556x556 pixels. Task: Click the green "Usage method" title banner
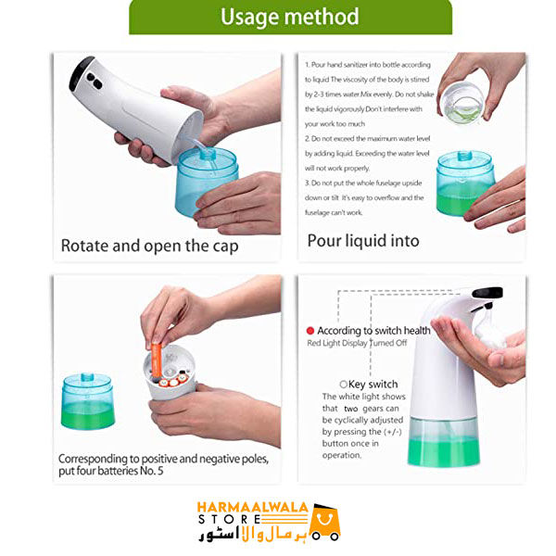pyautogui.click(x=290, y=17)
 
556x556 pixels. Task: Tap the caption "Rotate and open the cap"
pyautogui.click(x=149, y=246)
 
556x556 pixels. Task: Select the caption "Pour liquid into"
pyautogui.click(x=363, y=241)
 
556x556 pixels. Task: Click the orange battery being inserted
pyautogui.click(x=157, y=359)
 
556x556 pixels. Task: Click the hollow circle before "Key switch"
pyautogui.click(x=344, y=384)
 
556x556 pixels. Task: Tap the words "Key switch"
pyautogui.click(x=373, y=384)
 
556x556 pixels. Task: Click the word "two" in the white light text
pyautogui.click(x=350, y=408)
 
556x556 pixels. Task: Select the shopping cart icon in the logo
pyautogui.click(x=325, y=522)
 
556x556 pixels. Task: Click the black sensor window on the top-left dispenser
pyautogui.click(x=82, y=73)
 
